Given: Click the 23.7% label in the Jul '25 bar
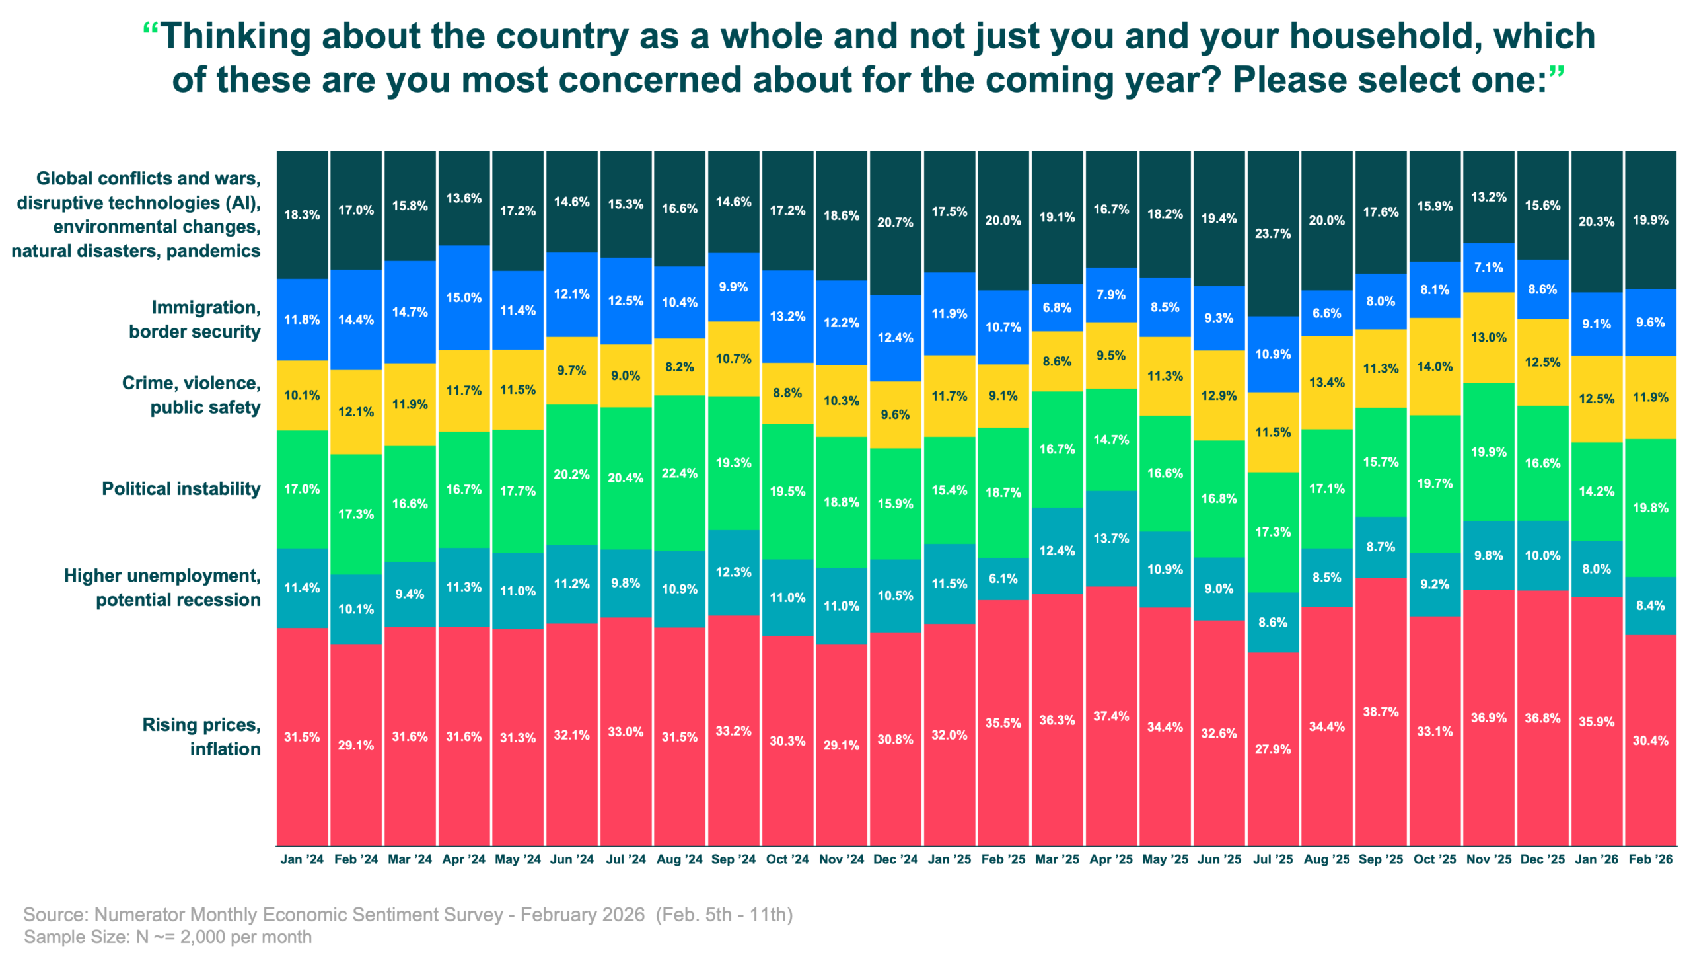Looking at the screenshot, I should [1273, 234].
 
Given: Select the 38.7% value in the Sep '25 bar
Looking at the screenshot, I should [1381, 712].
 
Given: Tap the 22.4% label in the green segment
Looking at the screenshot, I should [680, 473].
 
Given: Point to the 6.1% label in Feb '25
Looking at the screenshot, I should [1003, 579].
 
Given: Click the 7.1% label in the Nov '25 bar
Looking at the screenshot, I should [1489, 268].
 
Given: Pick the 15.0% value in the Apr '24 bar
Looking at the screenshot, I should [464, 298].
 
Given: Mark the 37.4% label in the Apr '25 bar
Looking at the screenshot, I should [1111, 716].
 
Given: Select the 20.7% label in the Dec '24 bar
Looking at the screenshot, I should [895, 223].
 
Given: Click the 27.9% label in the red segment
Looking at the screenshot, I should [1273, 749].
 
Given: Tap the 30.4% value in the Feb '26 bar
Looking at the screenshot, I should [1651, 741].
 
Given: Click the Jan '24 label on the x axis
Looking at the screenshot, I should [302, 859].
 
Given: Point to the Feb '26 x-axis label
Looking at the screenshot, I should [1651, 859].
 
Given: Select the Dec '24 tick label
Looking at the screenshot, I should [895, 859].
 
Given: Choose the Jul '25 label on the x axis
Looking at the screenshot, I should [1273, 859].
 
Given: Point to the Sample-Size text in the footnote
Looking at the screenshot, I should [77, 937].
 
